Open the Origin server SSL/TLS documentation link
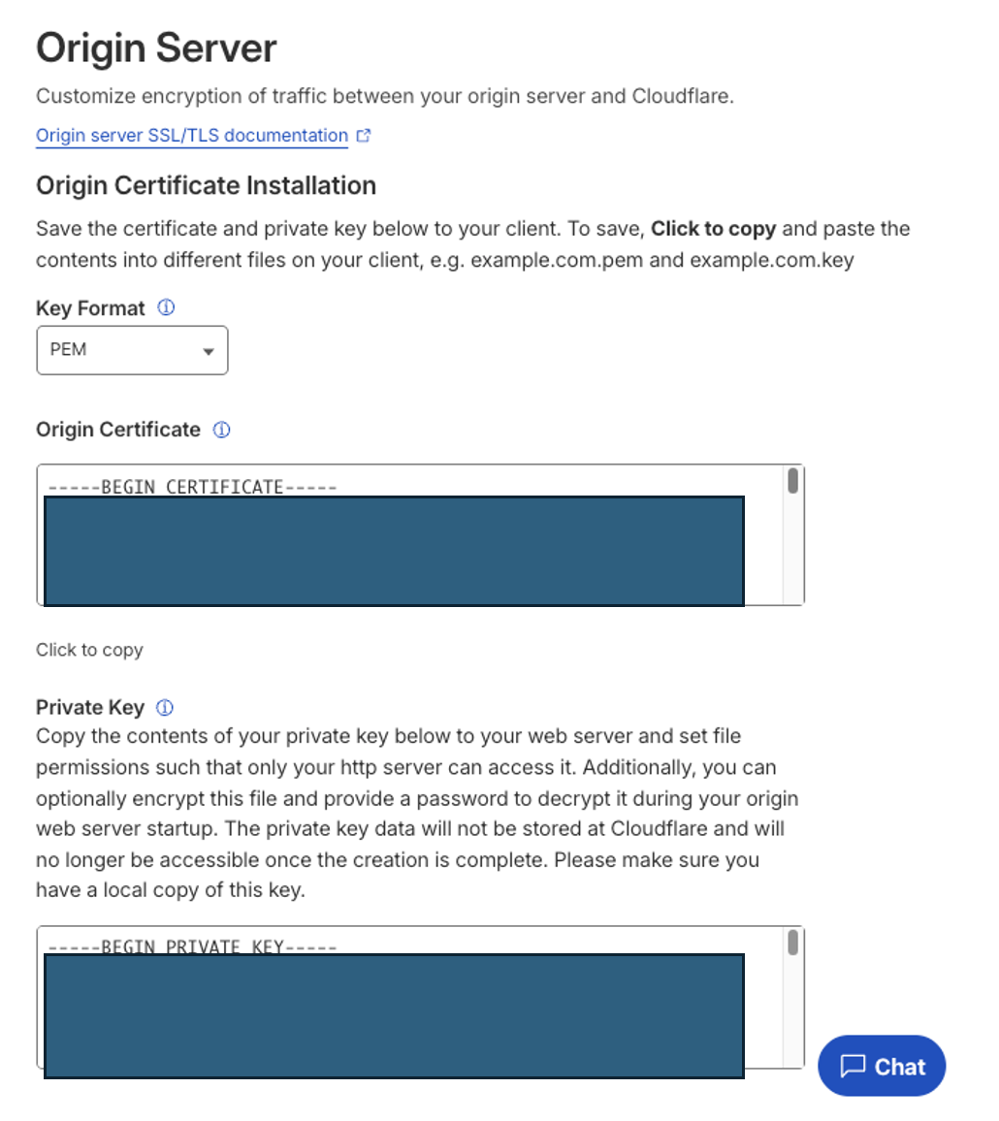(x=191, y=136)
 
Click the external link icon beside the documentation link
(x=364, y=137)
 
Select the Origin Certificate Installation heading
(x=206, y=185)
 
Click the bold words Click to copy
(x=713, y=230)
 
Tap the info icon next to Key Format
(x=166, y=308)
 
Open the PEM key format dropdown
(x=132, y=350)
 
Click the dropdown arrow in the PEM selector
(x=208, y=352)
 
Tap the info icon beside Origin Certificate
(x=221, y=430)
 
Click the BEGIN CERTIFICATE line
(x=190, y=486)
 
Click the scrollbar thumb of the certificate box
(x=792, y=481)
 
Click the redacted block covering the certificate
(x=394, y=551)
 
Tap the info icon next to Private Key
(x=165, y=707)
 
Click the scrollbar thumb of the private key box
(x=792, y=943)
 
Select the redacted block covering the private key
(x=394, y=1015)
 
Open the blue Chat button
(x=881, y=1067)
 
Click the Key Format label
(x=90, y=308)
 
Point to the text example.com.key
(x=772, y=261)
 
